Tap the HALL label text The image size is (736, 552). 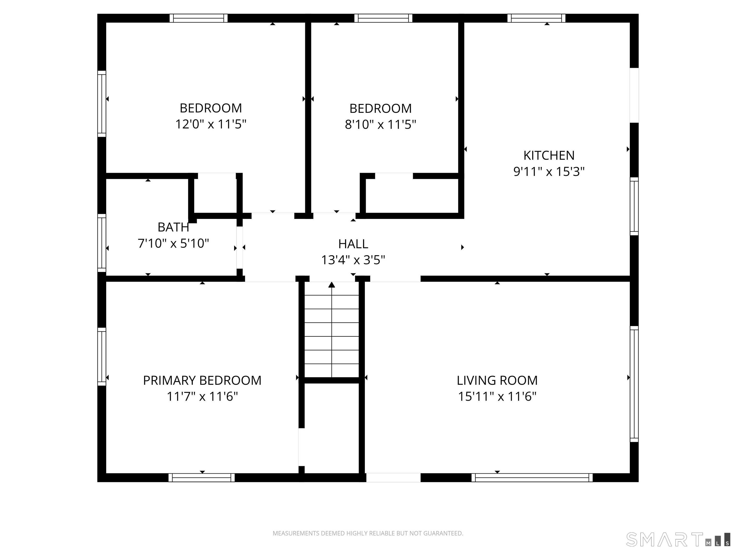pos(353,244)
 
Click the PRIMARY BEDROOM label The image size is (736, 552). pos(202,380)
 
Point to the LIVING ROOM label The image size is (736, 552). pos(497,380)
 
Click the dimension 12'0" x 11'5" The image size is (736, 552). pos(211,124)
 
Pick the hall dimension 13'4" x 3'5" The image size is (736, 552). pos(353,260)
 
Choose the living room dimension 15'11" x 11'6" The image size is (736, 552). pos(497,397)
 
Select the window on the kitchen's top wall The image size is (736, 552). pos(536,18)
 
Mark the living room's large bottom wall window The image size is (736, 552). pos(532,477)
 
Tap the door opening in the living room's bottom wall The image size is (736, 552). pos(393,477)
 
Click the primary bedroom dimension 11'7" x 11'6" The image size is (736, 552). pos(202,397)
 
